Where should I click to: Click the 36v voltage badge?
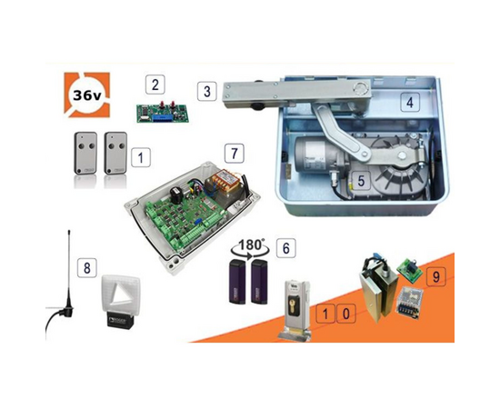87,95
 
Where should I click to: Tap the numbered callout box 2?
155,85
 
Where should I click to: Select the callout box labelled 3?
207,91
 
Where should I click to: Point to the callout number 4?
410,102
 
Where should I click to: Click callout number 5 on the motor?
361,181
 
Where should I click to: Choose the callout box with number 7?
235,153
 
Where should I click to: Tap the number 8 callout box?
87,268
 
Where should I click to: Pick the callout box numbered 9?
435,276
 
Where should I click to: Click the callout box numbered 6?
285,248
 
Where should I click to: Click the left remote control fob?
85,154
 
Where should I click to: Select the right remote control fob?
115,154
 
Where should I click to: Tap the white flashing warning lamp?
121,301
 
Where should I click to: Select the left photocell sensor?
237,282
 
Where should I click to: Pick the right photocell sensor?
259,282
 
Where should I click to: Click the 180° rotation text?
251,244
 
